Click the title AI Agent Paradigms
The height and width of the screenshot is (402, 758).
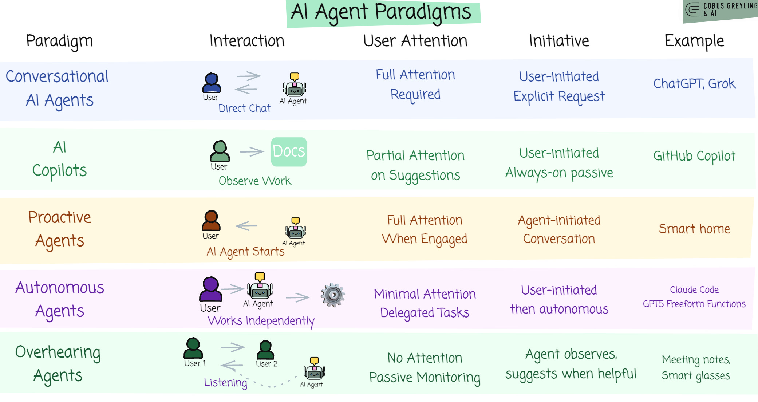pyautogui.click(x=381, y=13)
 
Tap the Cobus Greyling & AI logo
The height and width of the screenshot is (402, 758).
pyautogui.click(x=720, y=10)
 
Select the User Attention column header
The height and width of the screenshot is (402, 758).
pyautogui.click(x=415, y=41)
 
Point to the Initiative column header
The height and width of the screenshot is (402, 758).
pyautogui.click(x=559, y=41)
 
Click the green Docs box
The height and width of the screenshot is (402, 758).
pyautogui.click(x=289, y=151)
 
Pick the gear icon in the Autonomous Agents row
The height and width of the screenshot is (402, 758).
pyautogui.click(x=333, y=295)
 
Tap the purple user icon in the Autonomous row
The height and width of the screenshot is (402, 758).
pyautogui.click(x=210, y=289)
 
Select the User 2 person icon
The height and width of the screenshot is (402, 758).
pyautogui.click(x=265, y=350)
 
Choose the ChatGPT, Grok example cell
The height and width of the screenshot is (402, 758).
pyautogui.click(x=694, y=84)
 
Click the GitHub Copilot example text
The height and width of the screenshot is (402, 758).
pyautogui.click(x=694, y=156)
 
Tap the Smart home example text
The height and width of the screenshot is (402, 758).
pyautogui.click(x=694, y=229)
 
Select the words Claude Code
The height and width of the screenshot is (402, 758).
pyautogui.click(x=694, y=289)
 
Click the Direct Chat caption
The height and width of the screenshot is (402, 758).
pyautogui.click(x=244, y=108)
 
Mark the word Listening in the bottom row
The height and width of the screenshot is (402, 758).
pyautogui.click(x=225, y=382)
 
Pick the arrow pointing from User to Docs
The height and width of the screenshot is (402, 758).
pyautogui.click(x=251, y=151)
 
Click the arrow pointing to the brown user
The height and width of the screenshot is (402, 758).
pyautogui.click(x=246, y=226)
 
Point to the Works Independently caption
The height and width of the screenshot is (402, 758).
pyautogui.click(x=261, y=321)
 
